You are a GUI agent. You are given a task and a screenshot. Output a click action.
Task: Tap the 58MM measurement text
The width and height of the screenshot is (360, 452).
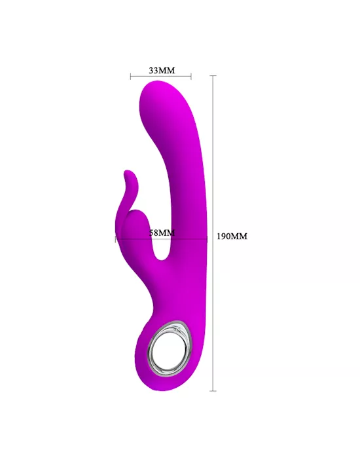162,233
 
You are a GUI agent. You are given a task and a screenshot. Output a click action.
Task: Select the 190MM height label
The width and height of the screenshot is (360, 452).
232,236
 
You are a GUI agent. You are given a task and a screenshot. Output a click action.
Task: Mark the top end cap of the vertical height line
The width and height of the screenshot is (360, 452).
213,75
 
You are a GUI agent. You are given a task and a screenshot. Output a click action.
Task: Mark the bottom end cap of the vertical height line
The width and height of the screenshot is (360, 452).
213,391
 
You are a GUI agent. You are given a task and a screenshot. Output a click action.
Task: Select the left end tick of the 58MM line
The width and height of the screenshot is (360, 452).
116,239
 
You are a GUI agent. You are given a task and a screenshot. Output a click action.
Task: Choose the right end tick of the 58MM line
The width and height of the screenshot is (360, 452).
207,239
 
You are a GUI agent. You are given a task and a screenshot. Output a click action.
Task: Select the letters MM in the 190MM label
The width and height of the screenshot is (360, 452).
240,236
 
